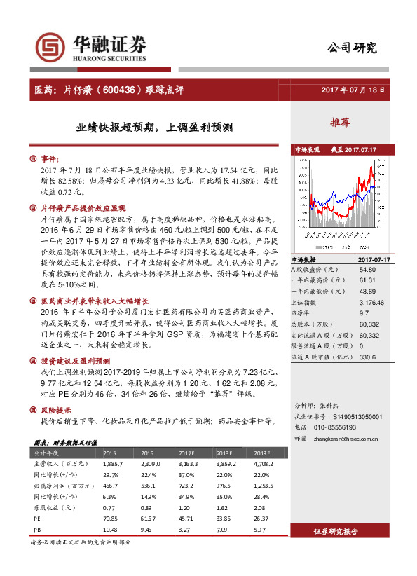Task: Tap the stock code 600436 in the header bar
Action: pyautogui.click(x=144, y=90)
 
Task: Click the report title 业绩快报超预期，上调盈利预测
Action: pyautogui.click(x=155, y=128)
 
